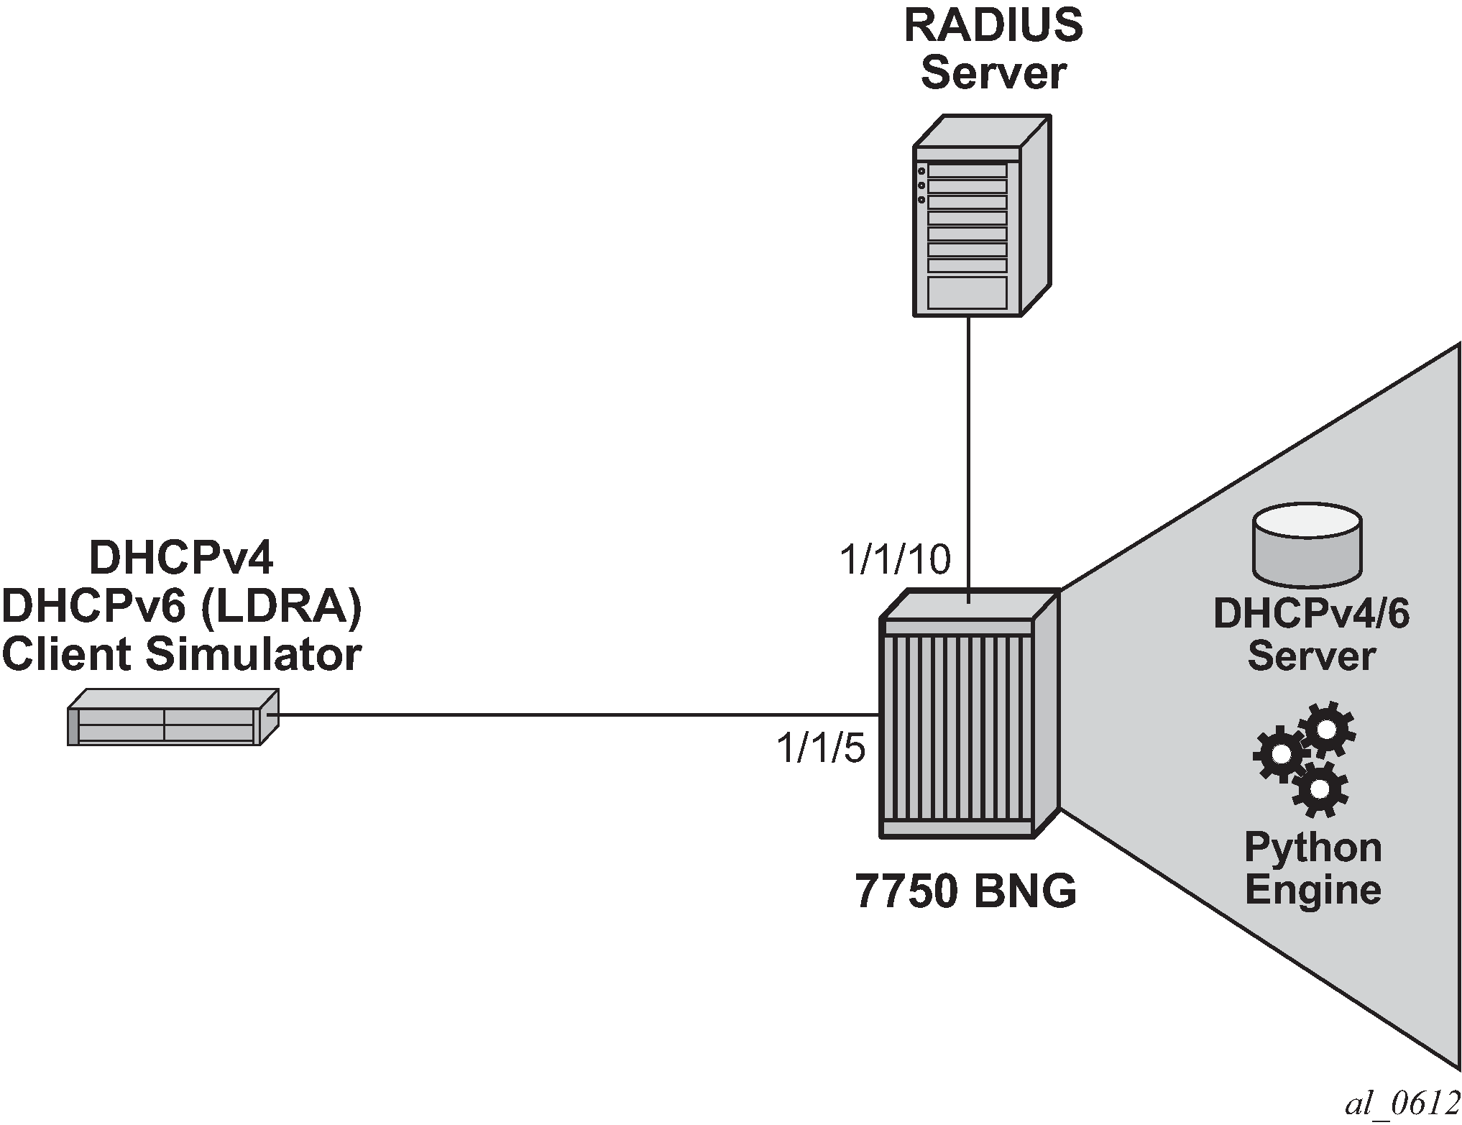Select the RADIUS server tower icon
(980, 216)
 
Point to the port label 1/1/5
(820, 749)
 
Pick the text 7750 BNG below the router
(965, 892)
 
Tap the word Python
(1312, 848)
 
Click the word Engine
(1312, 890)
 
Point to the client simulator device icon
(173, 717)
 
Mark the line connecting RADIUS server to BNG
(968, 453)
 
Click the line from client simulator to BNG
(575, 715)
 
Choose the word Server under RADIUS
(993, 73)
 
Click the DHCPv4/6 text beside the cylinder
(1311, 615)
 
